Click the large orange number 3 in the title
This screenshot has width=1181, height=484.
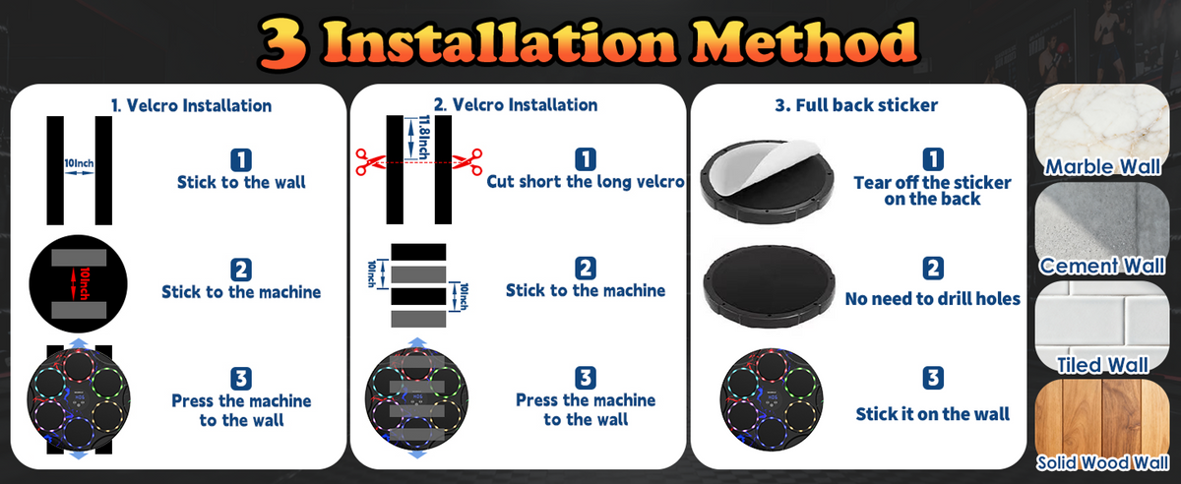point(283,43)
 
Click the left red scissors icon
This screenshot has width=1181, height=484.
point(370,161)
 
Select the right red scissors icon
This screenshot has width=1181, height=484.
point(467,161)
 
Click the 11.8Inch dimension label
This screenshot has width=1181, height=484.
point(423,137)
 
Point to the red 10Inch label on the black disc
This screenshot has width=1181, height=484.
point(84,283)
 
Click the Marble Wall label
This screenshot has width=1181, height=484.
point(1102,166)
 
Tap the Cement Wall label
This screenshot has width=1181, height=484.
point(1102,266)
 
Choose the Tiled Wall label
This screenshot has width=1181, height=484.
point(1102,365)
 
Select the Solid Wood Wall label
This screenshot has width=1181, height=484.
point(1102,463)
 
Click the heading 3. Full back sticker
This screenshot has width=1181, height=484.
point(856,105)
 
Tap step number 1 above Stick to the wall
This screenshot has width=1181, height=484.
point(241,160)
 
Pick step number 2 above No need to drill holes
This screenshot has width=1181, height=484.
point(933,269)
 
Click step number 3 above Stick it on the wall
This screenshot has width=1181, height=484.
point(933,378)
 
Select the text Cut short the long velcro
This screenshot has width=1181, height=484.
point(586,182)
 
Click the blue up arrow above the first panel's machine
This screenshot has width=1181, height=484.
point(79,343)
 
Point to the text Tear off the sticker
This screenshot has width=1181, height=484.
point(932,182)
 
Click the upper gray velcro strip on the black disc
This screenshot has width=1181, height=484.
point(79,258)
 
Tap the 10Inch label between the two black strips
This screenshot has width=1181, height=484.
point(79,163)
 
